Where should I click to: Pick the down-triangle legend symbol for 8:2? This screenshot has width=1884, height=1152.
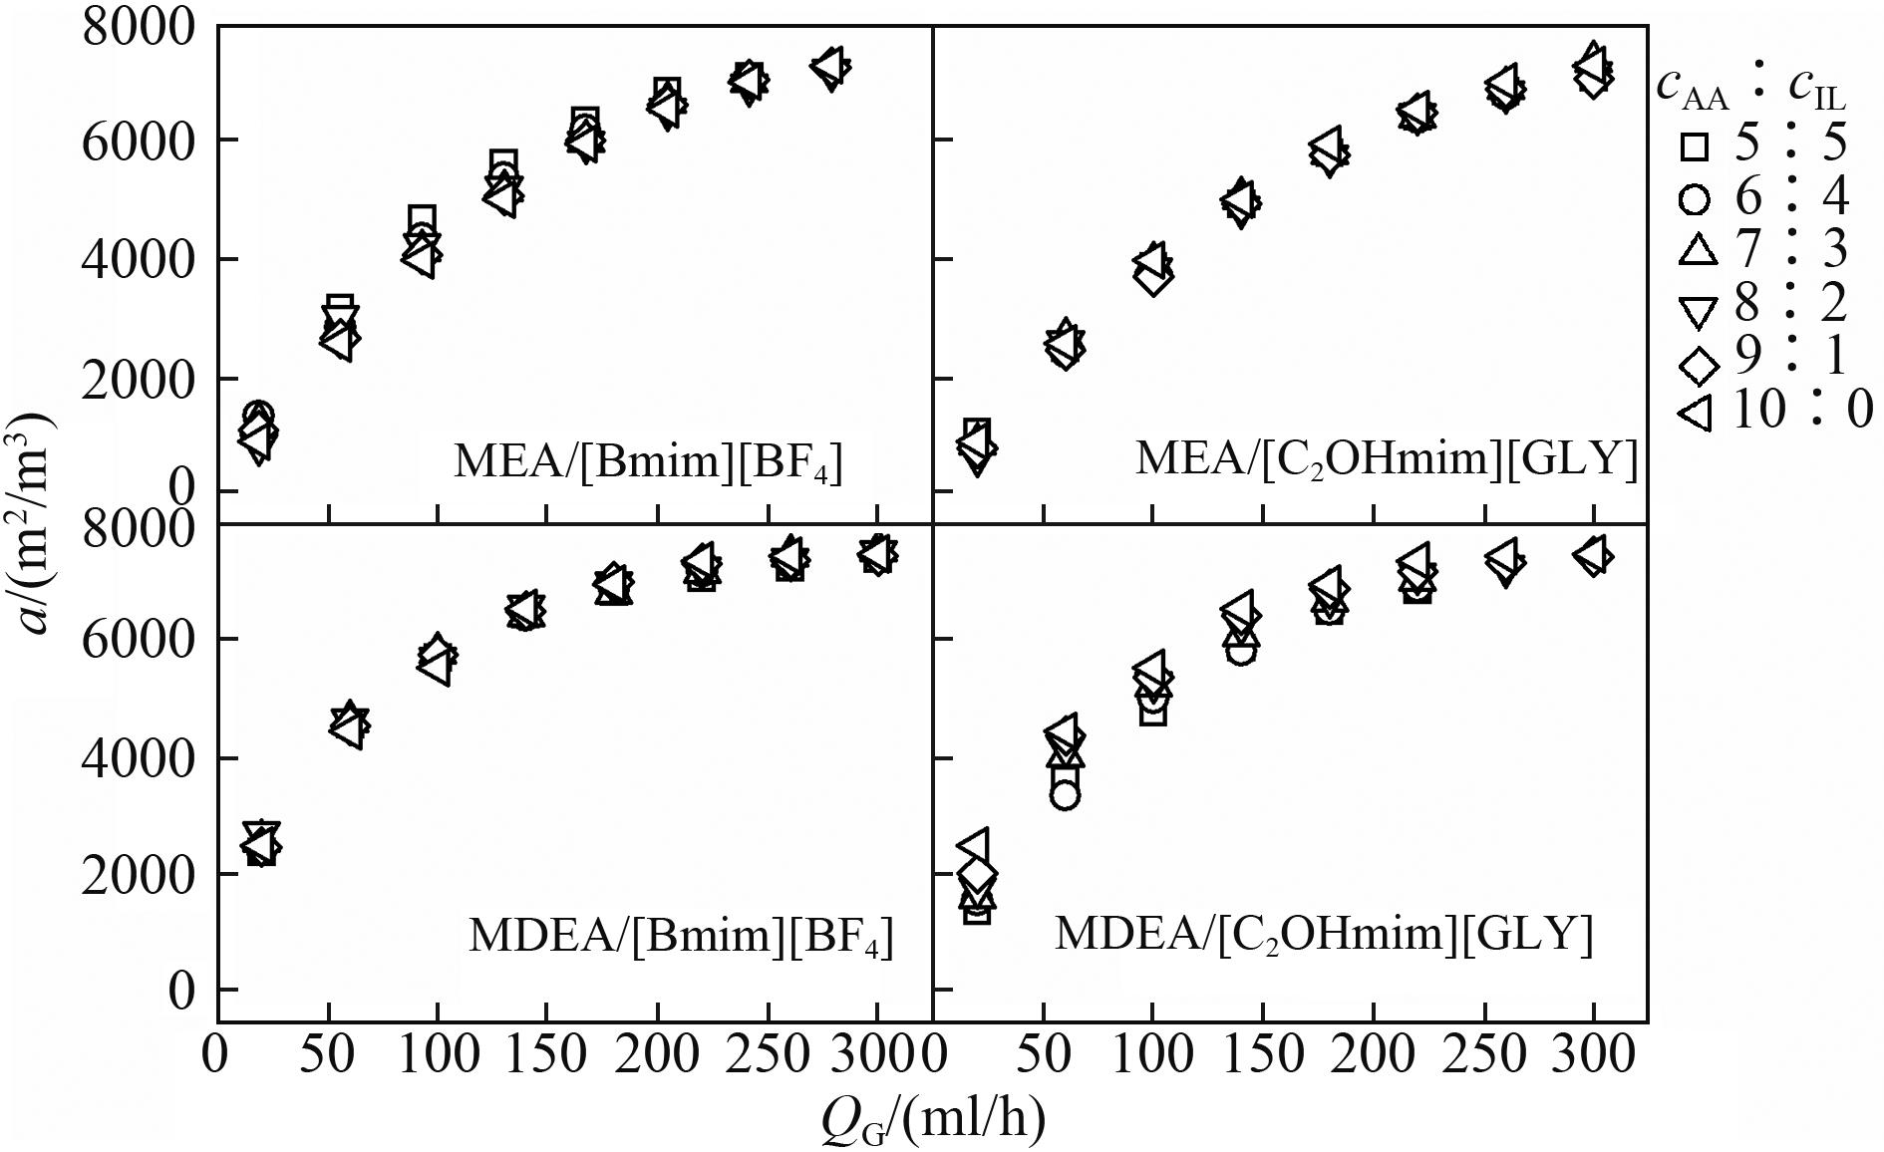tap(1697, 310)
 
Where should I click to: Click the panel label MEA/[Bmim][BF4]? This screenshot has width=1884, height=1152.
tap(648, 462)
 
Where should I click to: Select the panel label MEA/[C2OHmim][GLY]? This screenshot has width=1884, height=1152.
tap(1386, 459)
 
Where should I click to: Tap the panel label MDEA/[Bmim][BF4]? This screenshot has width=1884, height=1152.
tap(680, 937)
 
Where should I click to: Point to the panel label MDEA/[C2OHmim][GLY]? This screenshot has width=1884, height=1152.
tap(1324, 935)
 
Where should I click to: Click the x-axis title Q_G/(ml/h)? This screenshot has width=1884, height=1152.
tap(933, 1120)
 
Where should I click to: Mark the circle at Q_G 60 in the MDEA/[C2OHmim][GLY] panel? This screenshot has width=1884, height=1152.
tap(1065, 794)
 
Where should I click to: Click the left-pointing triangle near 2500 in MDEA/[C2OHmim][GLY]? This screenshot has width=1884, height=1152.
tap(973, 846)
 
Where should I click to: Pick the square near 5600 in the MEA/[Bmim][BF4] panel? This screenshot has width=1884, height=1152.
tap(503, 164)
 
